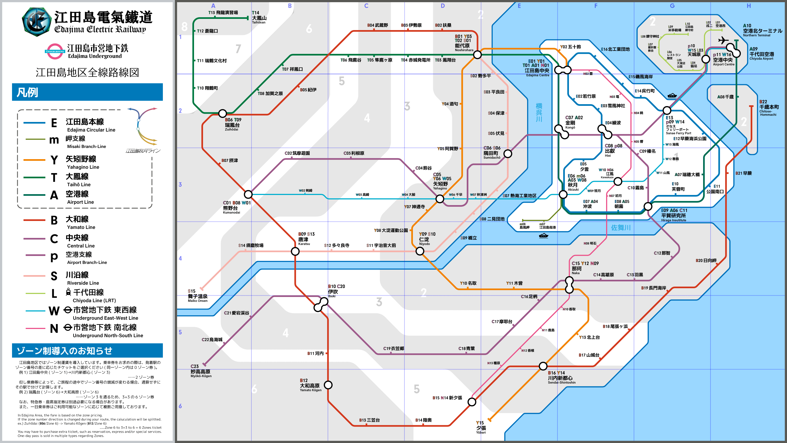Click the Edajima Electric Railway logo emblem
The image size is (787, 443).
click(36, 21)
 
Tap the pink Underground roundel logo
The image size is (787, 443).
click(55, 51)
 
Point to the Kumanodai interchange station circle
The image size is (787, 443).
click(248, 194)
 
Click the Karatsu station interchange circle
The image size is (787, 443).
click(295, 251)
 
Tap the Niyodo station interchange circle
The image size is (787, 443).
click(420, 251)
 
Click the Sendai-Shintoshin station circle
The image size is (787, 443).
click(543, 366)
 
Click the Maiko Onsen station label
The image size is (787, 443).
click(198, 296)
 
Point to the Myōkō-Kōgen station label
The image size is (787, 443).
click(201, 371)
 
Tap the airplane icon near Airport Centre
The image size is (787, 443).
click(723, 40)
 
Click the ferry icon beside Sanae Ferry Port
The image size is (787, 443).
click(672, 96)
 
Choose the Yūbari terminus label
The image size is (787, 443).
click(481, 427)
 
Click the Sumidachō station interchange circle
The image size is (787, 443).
click(508, 153)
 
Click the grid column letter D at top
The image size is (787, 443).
click(443, 6)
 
